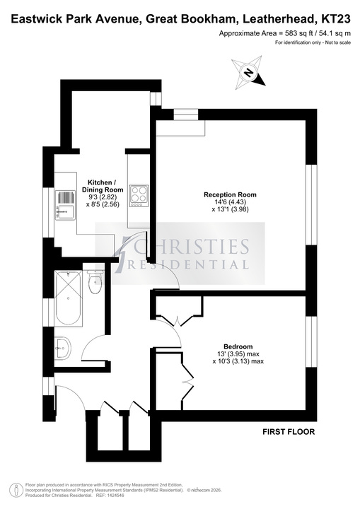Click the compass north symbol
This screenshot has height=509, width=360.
point(249,72)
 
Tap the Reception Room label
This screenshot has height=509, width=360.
point(230,195)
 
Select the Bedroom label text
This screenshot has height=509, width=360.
point(238,346)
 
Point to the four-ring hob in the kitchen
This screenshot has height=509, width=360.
point(139,196)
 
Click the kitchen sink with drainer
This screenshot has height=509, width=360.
point(65,205)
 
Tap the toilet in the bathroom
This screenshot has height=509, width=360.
point(95,281)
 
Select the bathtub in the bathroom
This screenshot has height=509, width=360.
point(68,298)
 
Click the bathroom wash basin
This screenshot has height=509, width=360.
point(62,348)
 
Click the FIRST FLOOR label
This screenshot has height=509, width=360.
point(289,432)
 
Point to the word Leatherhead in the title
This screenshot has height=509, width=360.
point(280,20)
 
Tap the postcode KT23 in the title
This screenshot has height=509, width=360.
point(336,20)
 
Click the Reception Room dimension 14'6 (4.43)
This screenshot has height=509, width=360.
point(231,202)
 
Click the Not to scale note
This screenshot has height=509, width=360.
point(337,42)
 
